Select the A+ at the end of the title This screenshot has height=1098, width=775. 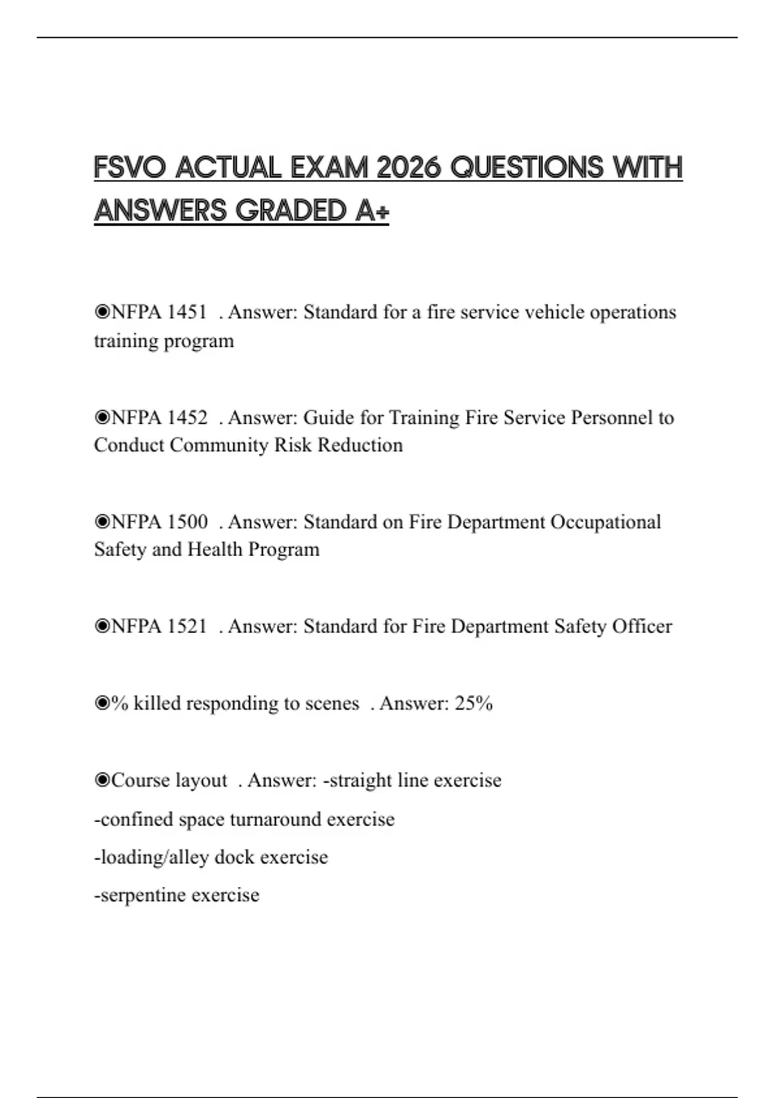point(372,211)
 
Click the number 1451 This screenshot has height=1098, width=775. point(187,313)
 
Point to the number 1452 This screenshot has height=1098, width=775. point(187,418)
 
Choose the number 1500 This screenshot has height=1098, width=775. point(187,522)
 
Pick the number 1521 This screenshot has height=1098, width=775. point(187,627)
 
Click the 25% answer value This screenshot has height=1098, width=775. point(473,703)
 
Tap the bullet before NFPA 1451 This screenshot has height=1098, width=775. point(102,313)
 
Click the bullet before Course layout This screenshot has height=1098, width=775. point(102,780)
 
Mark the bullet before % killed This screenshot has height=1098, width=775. point(102,703)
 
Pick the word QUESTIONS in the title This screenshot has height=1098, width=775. point(526,168)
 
